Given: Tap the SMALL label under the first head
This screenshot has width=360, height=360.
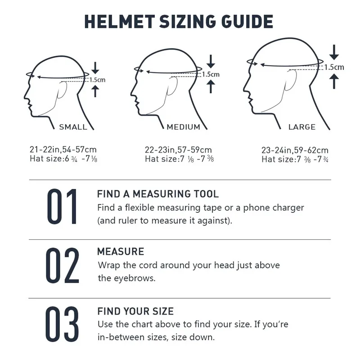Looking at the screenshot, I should pos(73,127).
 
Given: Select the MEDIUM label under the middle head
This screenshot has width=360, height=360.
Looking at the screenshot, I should pos(184,127).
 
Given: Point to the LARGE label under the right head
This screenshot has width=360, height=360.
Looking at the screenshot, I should pos(302,127).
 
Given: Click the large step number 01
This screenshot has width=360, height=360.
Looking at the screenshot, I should pos(63,207).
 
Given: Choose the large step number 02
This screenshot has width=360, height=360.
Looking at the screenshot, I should pos(63,266).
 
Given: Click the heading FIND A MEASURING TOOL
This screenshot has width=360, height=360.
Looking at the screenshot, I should pos(158,194).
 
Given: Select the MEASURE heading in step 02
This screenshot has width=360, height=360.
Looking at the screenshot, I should pos(121,252).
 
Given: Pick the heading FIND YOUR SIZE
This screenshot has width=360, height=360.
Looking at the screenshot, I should pos(135,311).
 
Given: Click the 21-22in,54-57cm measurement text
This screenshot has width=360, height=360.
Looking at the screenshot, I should pos(63,150).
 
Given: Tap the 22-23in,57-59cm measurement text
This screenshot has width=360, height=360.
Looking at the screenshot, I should pos(178,150).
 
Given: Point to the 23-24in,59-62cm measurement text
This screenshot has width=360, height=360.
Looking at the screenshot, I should pos(295,150).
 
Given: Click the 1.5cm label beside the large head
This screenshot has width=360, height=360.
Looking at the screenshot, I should pos(334,67).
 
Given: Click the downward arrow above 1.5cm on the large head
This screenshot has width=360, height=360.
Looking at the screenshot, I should pos(333,52).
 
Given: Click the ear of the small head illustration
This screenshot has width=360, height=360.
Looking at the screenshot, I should pos(63,89).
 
